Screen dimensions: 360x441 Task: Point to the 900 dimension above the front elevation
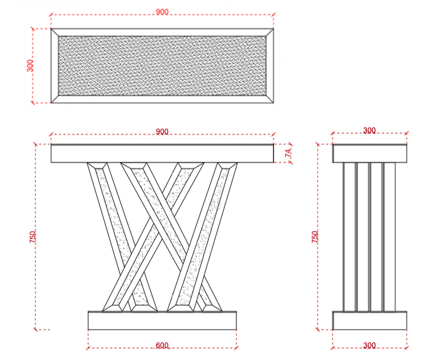[x=162, y=132]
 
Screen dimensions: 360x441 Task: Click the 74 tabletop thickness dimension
[x=288, y=153]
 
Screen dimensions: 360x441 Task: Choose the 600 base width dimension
[x=162, y=346]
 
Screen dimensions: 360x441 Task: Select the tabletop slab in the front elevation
[x=162, y=154]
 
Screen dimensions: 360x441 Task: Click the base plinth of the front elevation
[x=162, y=320]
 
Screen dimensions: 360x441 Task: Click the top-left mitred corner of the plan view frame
[x=54, y=32]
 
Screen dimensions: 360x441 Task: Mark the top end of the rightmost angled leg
[x=228, y=165]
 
